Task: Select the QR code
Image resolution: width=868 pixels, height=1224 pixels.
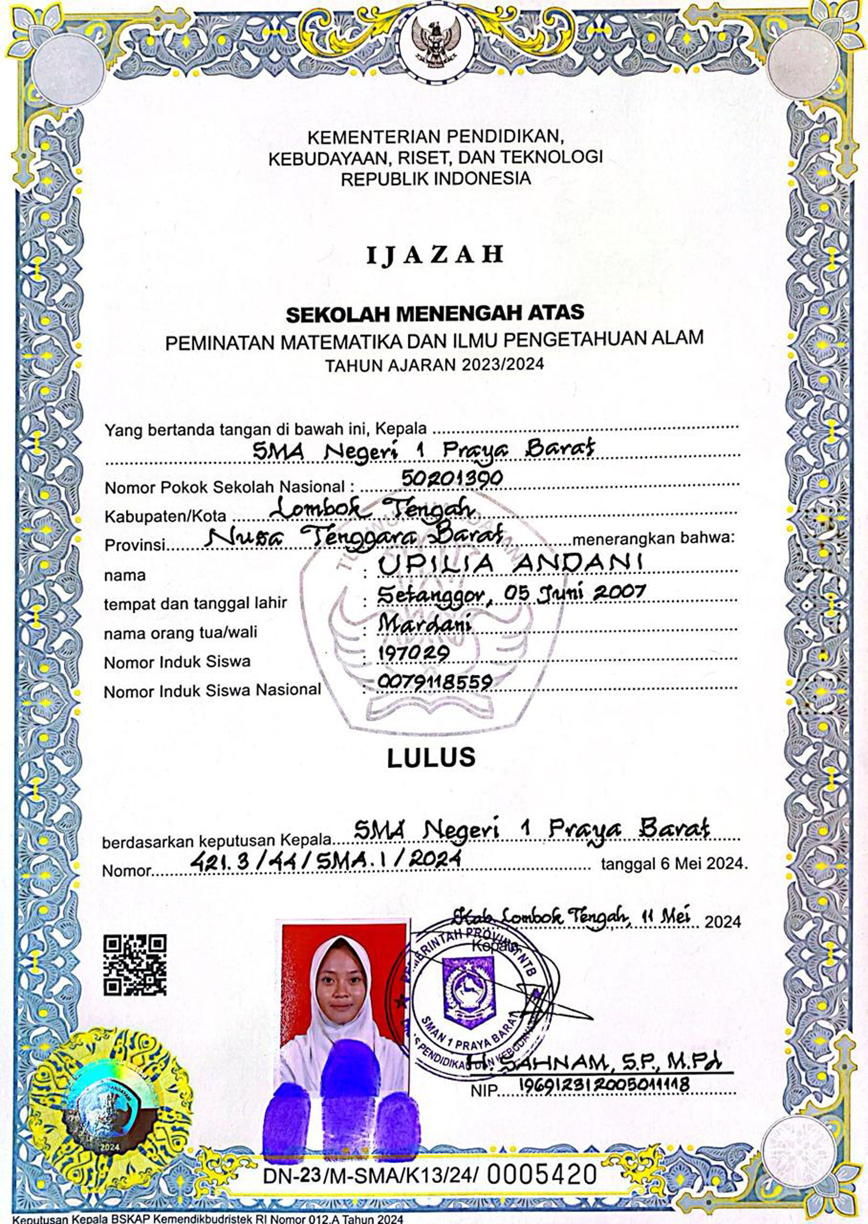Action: tap(135, 965)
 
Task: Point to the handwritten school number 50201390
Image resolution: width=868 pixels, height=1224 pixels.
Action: tap(452, 478)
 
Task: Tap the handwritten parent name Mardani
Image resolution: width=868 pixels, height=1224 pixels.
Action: tap(425, 624)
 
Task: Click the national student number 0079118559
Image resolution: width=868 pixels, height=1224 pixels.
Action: tap(434, 682)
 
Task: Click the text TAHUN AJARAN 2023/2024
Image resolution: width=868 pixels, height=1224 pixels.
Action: tap(434, 365)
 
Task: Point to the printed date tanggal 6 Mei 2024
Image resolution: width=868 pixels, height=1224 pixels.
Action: tap(674, 863)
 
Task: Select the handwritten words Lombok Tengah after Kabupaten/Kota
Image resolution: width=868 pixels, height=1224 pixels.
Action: tap(373, 508)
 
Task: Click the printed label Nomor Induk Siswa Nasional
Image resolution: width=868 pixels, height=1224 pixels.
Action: tap(212, 691)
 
